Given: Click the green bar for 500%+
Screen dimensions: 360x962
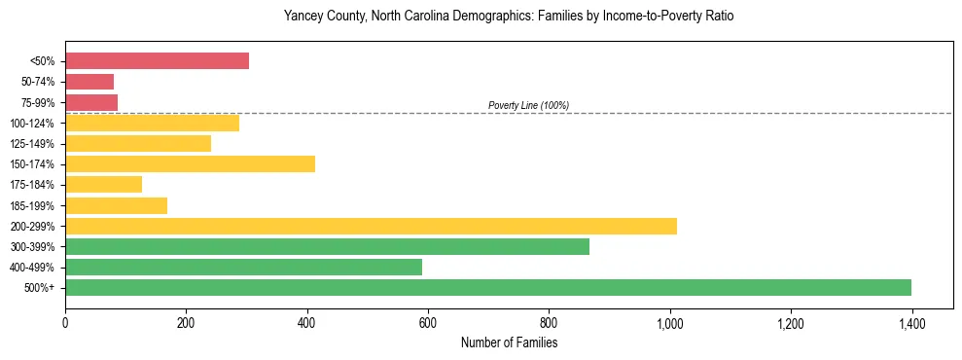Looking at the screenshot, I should (x=488, y=287).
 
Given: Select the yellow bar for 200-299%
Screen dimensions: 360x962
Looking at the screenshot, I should (x=371, y=226).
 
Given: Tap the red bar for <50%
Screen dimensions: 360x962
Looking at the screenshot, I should (x=157, y=61).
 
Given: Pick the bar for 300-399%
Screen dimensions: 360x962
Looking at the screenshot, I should (x=327, y=246).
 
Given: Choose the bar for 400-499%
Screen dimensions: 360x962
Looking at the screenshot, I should (x=243, y=267).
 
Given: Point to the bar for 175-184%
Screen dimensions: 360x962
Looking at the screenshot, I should (x=103, y=184).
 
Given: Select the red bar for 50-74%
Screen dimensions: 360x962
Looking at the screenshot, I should (x=89, y=82).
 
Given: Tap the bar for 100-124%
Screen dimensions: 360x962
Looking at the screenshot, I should (x=152, y=123).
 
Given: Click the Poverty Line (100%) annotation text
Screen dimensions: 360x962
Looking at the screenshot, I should (x=528, y=105).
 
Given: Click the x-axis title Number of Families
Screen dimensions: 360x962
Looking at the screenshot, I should (x=509, y=342).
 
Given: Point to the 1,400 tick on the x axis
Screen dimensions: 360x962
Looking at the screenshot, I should (x=911, y=322).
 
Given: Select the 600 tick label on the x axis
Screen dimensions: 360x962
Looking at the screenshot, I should (x=428, y=322).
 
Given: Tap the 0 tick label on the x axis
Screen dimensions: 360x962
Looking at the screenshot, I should (x=65, y=322).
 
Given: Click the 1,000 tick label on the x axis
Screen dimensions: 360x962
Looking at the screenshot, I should (x=669, y=322).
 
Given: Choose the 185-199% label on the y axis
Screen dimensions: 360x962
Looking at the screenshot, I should (x=33, y=205).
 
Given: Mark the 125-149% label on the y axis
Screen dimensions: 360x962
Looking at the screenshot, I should (x=33, y=144).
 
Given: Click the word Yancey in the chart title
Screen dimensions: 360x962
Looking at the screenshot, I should (x=302, y=17).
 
